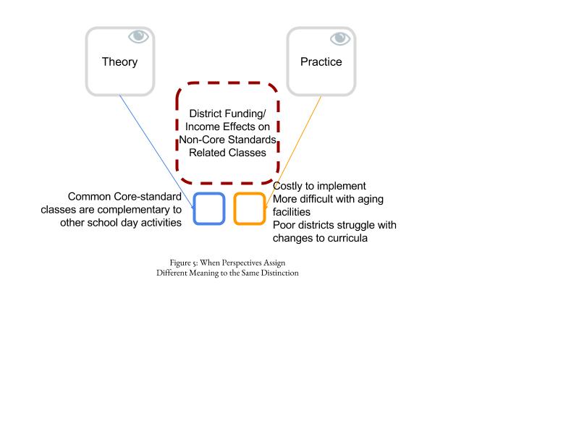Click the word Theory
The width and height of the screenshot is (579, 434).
tap(119, 62)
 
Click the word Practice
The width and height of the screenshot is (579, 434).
tap(321, 61)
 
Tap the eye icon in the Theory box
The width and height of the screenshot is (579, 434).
tap(138, 37)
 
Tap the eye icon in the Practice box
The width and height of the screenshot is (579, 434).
tap(340, 38)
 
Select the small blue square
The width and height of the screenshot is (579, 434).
tap(193, 208)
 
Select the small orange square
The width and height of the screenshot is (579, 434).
tap(234, 208)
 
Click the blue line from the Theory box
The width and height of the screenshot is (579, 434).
tap(156, 151)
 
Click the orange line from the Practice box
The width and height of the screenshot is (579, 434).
tap(294, 152)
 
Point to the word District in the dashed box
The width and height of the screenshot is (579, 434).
tap(206, 114)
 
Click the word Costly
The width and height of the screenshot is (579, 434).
tap(287, 186)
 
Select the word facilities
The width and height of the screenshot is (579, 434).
tap(292, 212)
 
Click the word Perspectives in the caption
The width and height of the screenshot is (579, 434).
tap(242, 263)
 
